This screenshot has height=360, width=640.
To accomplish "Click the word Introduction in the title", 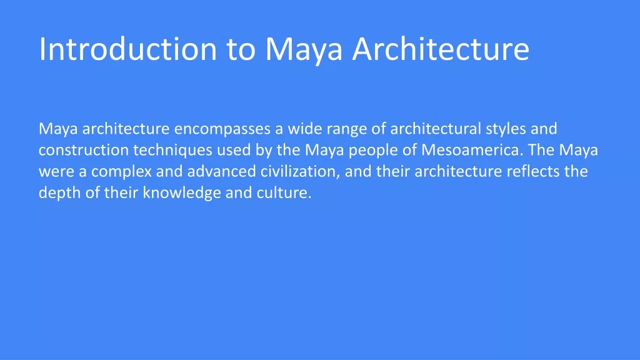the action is pos(127,49).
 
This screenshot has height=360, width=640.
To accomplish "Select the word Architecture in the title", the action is pos(441,49).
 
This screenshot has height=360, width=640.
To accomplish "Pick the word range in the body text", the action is pos(347,131).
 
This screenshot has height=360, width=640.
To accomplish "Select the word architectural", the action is pos(436,129).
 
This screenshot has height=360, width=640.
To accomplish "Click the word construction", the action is pos(84,150).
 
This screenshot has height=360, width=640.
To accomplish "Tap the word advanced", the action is pos(222,171).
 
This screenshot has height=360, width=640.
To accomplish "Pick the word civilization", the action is pos(301,171).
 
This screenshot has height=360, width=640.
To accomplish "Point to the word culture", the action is pos(284,192).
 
